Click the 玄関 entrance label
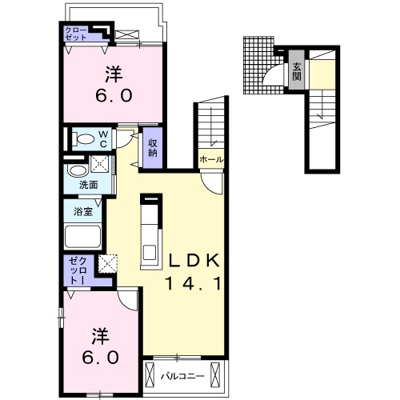[297, 71]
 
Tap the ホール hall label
[211, 160]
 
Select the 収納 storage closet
[153, 148]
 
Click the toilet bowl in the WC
[85, 139]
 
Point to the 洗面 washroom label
[89, 185]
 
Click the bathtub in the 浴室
[83, 237]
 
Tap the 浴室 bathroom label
[83, 212]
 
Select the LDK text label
[194, 260]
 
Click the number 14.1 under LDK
[193, 283]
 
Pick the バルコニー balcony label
[182, 376]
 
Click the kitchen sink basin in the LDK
[150, 252]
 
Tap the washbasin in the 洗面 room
[78, 170]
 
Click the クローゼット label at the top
[76, 34]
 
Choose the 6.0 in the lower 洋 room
[100, 358]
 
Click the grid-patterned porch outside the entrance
[258, 65]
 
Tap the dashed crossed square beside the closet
[108, 264]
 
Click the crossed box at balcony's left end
[150, 373]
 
